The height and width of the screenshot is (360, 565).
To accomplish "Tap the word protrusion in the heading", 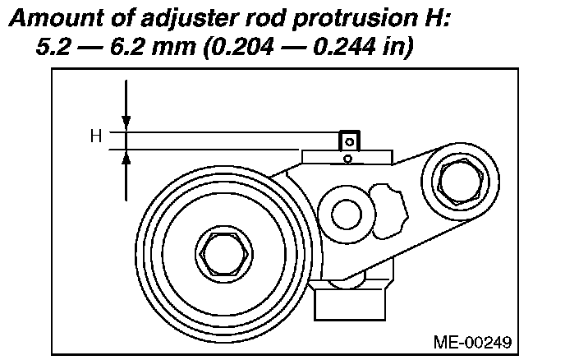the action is pos(349,18).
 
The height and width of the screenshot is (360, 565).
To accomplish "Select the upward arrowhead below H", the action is pos(126,158).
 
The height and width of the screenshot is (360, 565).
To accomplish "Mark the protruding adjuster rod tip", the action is pos(350,141).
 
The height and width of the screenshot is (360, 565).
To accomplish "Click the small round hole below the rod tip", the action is pos(349,158).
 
